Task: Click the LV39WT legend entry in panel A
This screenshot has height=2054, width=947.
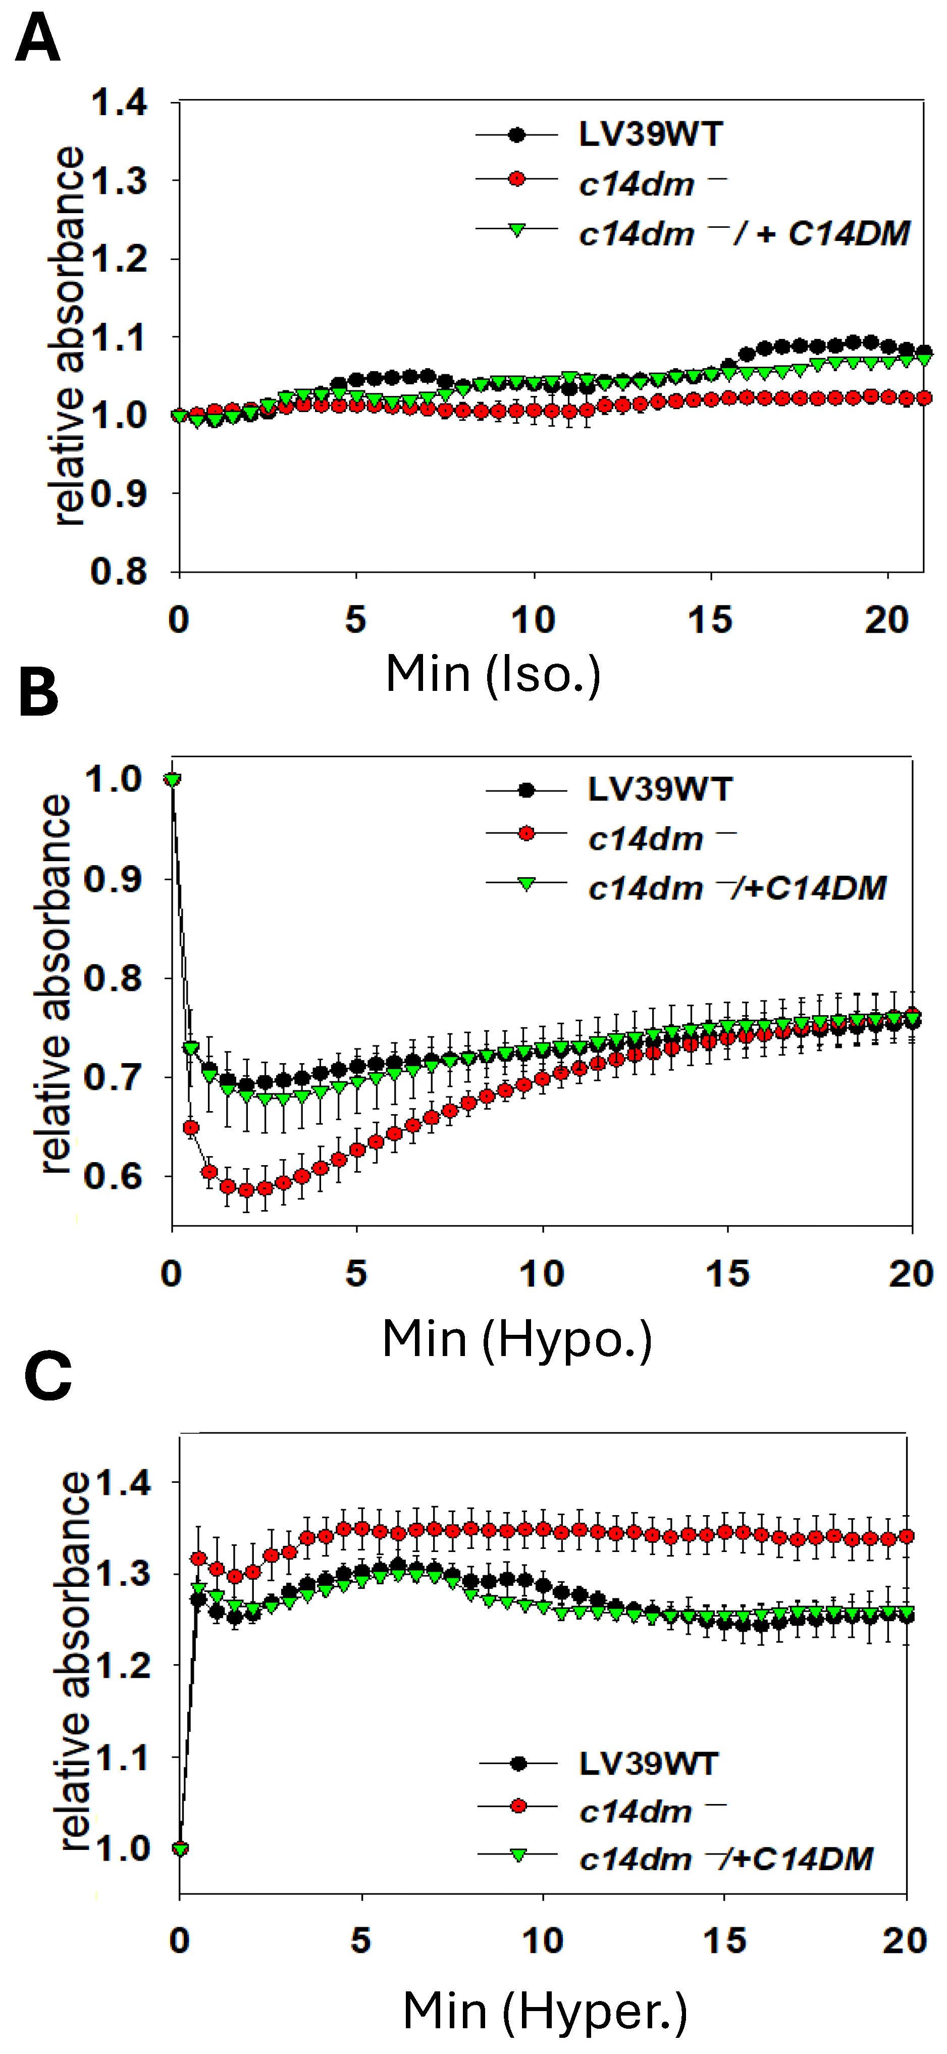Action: (x=650, y=135)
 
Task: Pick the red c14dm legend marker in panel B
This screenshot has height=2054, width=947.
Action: (x=526, y=833)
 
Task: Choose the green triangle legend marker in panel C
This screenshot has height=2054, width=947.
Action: (x=518, y=1856)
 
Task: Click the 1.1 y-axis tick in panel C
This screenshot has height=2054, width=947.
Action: (x=123, y=1758)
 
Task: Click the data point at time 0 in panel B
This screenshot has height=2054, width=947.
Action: (x=172, y=779)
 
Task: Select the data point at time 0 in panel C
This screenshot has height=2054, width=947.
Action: (x=180, y=1848)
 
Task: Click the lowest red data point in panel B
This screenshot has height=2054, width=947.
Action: (x=246, y=1190)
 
